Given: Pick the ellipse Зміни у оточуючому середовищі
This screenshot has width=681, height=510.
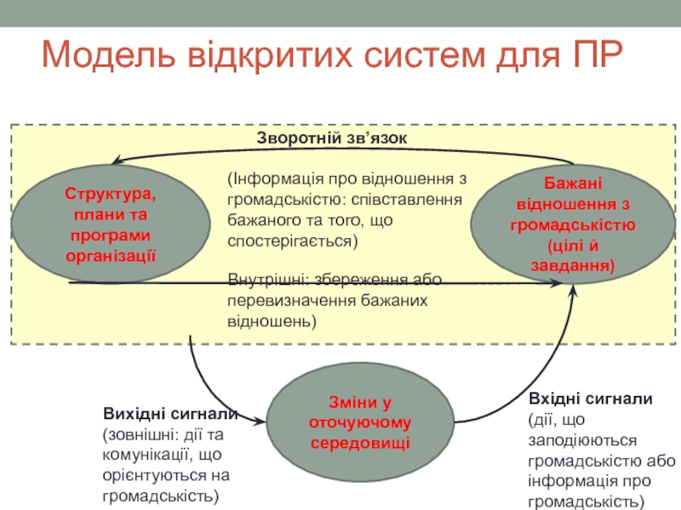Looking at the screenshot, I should pos(359,422).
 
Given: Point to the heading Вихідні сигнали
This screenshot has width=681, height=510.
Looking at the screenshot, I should pos(170,414).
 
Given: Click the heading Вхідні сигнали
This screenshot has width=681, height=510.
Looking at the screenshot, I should pos(590,398).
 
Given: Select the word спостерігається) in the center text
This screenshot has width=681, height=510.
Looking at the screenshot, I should pos(294,241).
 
